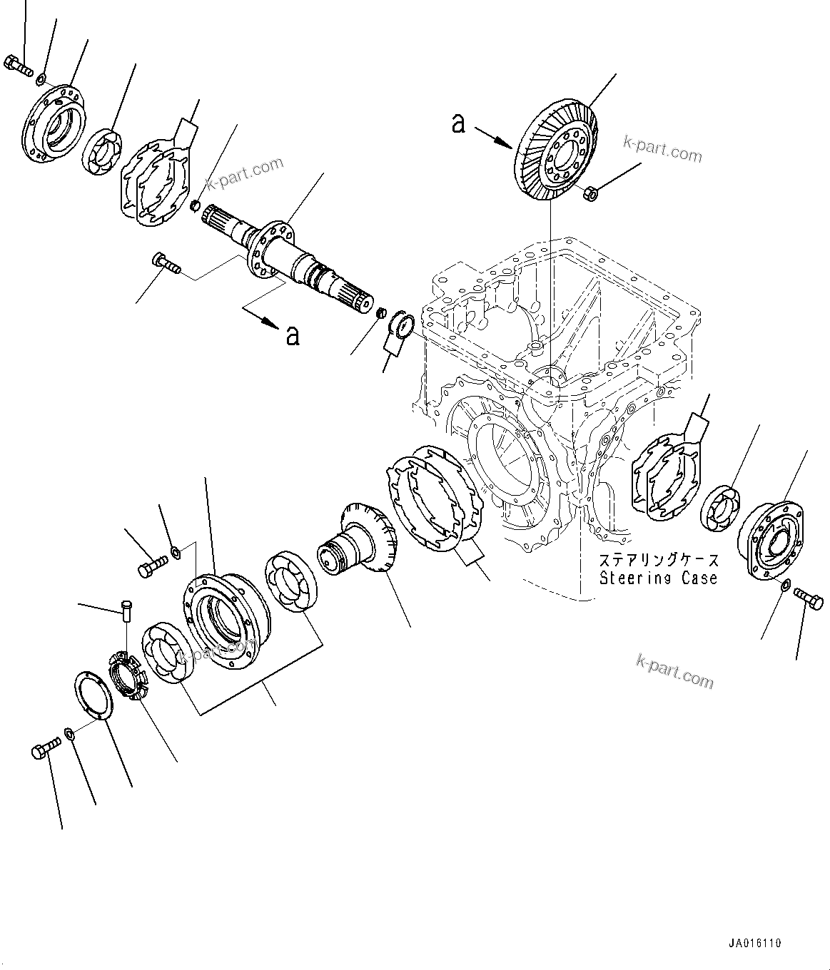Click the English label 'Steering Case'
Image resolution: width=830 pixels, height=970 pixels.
(x=658, y=578)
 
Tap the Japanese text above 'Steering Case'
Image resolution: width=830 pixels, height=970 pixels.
(x=658, y=561)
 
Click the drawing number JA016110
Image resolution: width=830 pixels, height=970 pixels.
(x=755, y=943)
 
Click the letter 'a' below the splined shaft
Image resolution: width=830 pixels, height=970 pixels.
(x=292, y=335)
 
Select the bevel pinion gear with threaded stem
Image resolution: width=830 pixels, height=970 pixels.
(x=357, y=548)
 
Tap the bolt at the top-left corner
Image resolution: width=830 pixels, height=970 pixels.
(x=19, y=66)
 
